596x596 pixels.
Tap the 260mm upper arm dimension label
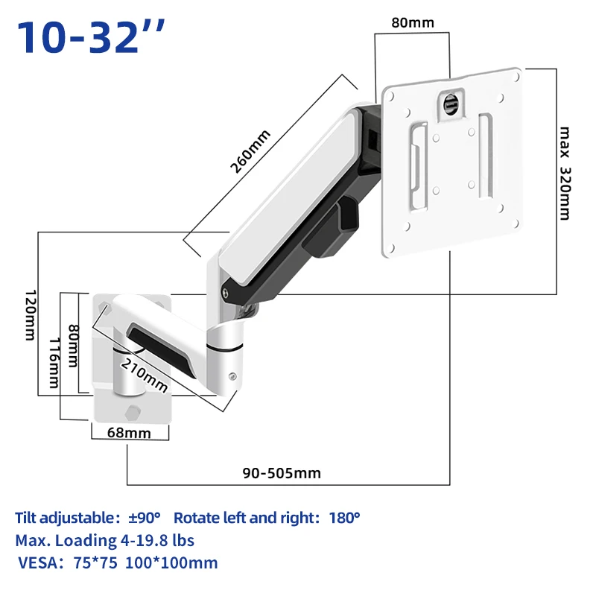tap(250, 151)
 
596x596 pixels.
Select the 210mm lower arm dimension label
tap(144, 375)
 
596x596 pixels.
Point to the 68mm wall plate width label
tap(129, 433)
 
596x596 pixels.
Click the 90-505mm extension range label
tap(282, 473)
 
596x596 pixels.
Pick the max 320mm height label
tap(565, 174)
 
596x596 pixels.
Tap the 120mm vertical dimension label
tap(31, 315)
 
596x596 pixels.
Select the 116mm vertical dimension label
tap(54, 363)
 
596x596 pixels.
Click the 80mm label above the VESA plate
tap(413, 22)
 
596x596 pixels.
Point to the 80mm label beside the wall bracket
tap(73, 346)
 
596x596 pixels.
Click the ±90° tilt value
tap(144, 517)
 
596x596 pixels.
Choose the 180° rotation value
tap(344, 517)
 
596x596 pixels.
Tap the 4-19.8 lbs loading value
tap(157, 540)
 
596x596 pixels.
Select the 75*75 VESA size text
tap(95, 562)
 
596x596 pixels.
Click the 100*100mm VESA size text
tap(171, 562)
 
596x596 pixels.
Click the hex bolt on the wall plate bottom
tap(133, 413)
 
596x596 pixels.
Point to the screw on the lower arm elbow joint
tap(232, 376)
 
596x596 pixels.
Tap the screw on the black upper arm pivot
tap(226, 293)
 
